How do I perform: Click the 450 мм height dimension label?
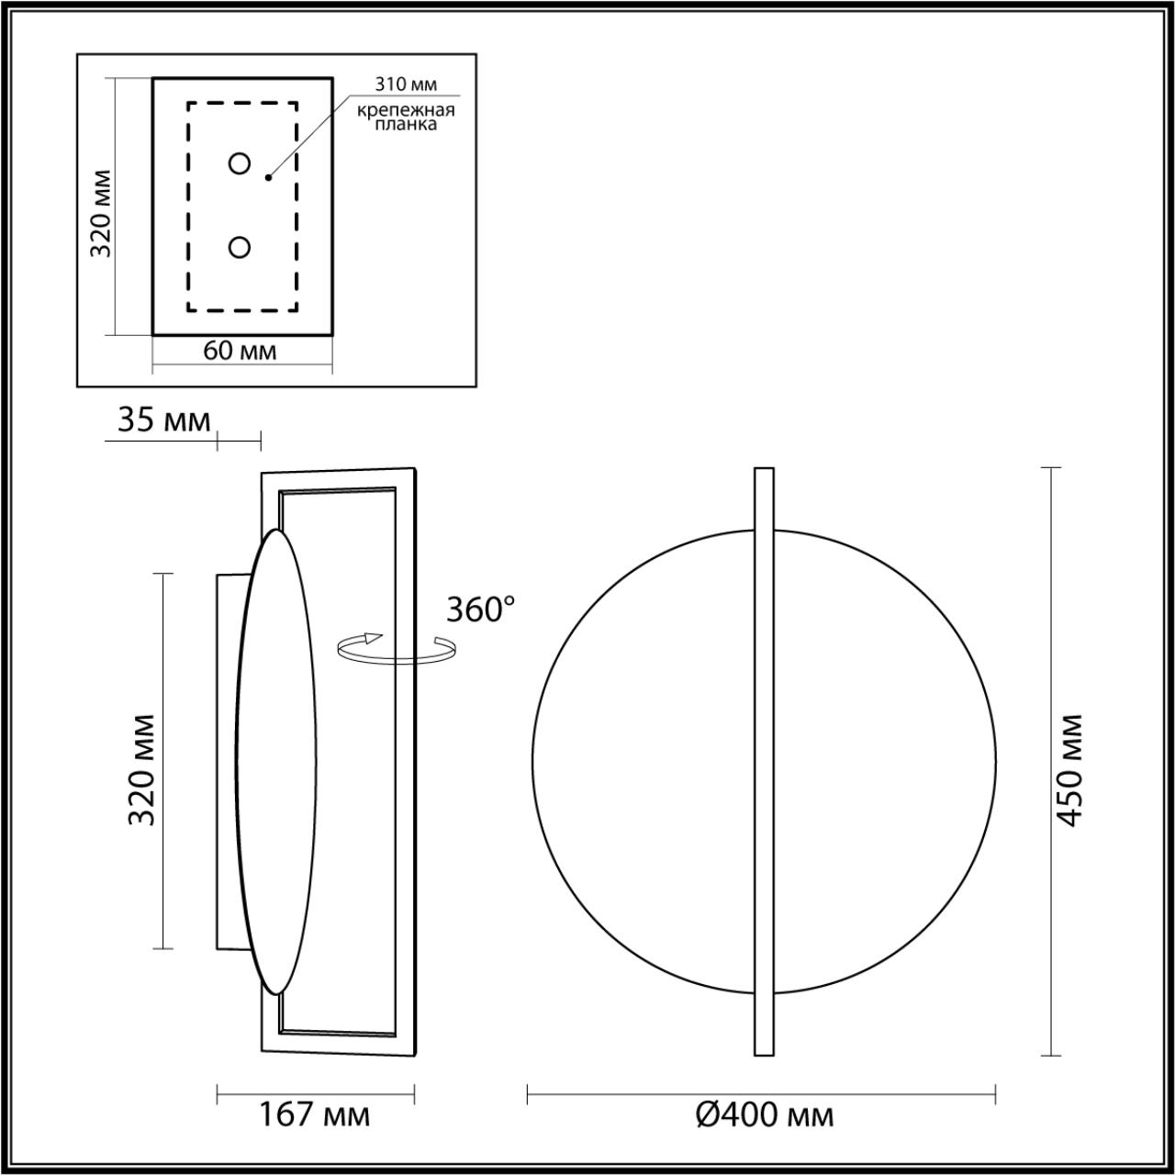[1069, 769]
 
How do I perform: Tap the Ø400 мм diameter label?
[765, 1114]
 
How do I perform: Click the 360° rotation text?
[480, 609]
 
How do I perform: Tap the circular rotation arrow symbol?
[396, 648]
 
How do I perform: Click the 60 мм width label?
[240, 351]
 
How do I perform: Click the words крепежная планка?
[406, 117]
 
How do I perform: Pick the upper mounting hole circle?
[240, 163]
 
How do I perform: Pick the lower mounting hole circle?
[240, 247]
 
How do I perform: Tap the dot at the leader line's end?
[268, 176]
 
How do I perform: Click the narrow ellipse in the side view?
[278, 762]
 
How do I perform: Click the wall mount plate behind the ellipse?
[228, 762]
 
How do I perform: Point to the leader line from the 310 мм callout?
[308, 138]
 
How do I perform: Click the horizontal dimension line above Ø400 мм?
[762, 1092]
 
